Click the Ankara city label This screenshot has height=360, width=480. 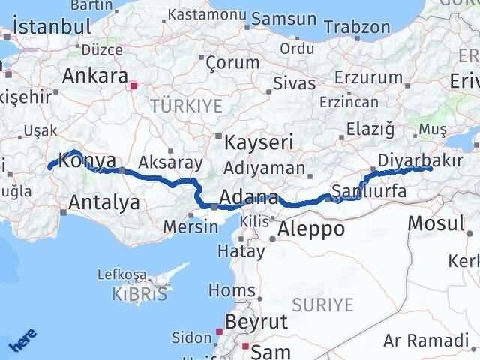94,76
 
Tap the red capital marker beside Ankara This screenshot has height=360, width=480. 134,86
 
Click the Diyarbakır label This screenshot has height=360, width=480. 414,160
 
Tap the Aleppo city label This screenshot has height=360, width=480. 310,229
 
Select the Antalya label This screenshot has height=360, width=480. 103,202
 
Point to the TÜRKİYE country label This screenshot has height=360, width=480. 186,106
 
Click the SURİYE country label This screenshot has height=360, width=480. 322,304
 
